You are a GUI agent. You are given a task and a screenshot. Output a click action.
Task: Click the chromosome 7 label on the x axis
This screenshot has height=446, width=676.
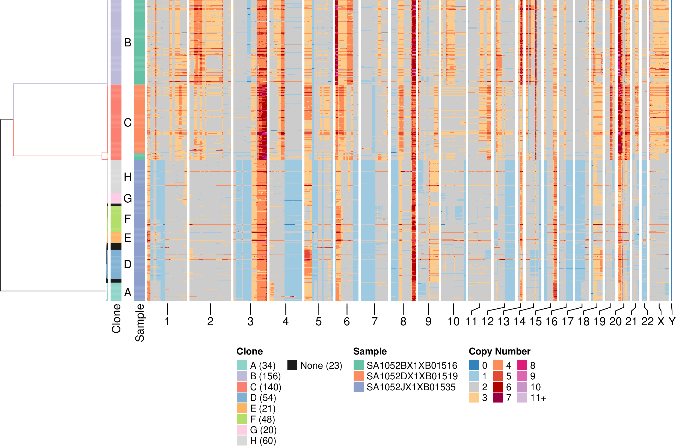[x=375, y=321]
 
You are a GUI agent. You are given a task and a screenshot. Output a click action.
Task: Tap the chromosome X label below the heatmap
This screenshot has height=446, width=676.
[x=661, y=321]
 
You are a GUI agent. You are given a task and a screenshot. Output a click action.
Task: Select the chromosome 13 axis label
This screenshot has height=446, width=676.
[x=503, y=321]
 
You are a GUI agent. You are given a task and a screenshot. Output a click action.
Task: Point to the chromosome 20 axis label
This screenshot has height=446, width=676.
[x=615, y=321]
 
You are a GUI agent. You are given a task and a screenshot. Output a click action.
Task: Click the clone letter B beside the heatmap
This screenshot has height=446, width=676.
[x=128, y=43]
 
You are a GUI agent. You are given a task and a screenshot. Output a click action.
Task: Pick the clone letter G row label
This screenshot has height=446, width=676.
[x=128, y=198]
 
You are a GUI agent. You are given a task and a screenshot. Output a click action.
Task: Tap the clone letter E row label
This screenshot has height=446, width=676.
[x=128, y=238]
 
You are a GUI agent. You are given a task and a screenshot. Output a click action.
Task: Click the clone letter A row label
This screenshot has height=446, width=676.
[x=128, y=292]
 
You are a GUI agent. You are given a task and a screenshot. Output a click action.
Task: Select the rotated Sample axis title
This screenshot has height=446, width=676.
[x=140, y=323]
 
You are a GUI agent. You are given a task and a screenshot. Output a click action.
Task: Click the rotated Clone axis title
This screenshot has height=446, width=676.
[x=116, y=318]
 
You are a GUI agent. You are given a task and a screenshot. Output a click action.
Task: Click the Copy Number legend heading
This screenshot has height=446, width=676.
[x=499, y=351]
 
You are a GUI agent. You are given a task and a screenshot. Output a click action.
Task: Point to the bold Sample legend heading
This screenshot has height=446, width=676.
[x=370, y=351]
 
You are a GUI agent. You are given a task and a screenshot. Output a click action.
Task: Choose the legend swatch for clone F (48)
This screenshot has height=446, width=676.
[x=242, y=419]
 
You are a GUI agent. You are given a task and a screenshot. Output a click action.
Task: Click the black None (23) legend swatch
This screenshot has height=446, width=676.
[x=292, y=365]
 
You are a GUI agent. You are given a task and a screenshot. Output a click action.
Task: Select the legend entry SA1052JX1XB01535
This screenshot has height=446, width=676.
[x=411, y=387]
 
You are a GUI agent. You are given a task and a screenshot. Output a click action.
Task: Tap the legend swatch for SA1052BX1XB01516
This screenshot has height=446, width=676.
[x=358, y=365]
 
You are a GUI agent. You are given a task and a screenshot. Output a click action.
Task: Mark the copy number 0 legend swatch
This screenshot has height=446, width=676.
[x=474, y=365]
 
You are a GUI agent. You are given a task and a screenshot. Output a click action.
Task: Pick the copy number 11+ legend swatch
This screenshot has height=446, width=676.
[x=522, y=398]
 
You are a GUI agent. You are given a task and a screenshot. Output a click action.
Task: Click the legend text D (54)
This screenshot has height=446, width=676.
[x=263, y=398]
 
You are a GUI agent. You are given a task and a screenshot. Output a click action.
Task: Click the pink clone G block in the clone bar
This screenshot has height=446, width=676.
[x=116, y=198]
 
